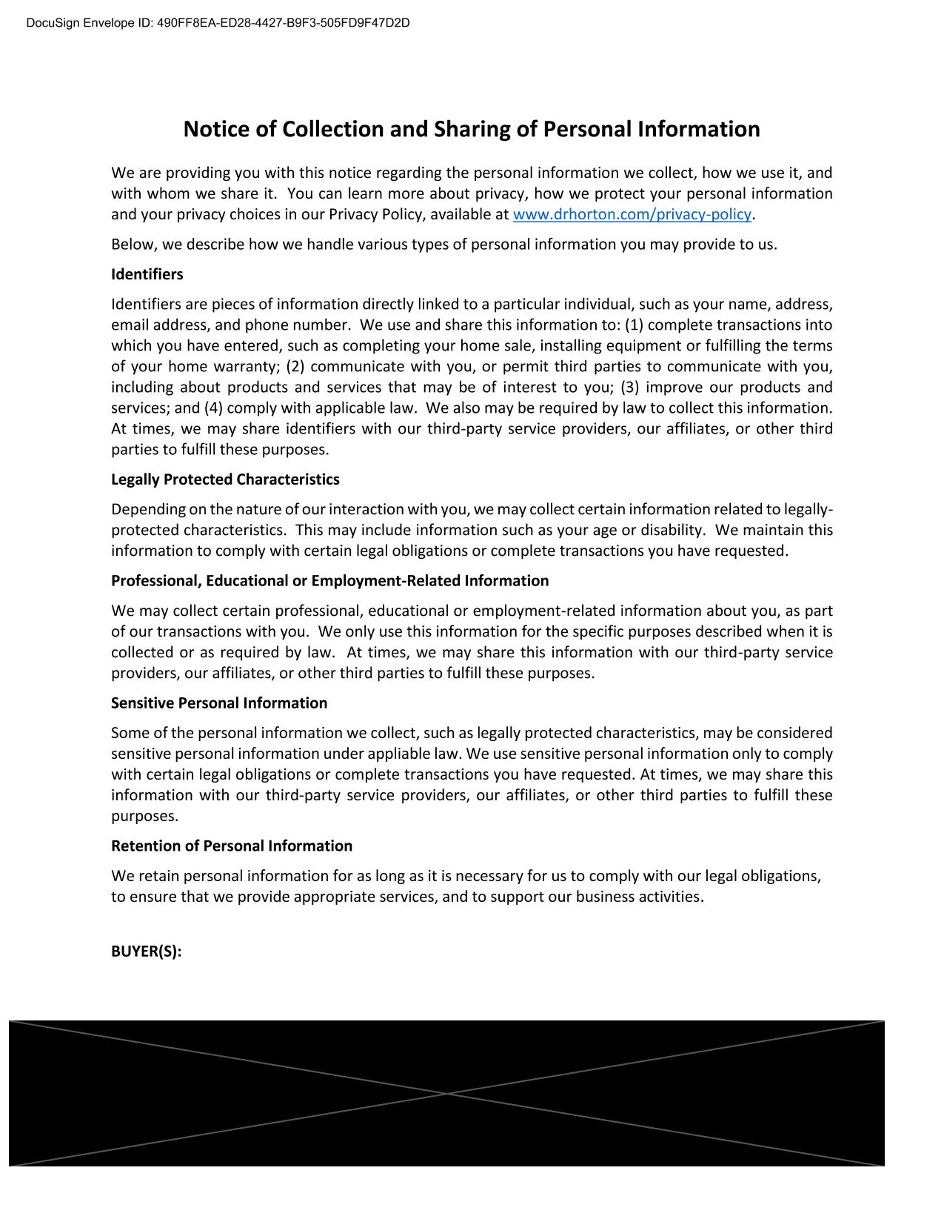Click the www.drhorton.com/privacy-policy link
[632, 215]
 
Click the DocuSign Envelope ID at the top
[218, 23]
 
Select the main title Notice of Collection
[471, 129]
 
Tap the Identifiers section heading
[147, 274]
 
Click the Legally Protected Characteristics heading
[225, 479]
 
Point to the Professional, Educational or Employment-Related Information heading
[329, 581]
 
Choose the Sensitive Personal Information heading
[218, 703]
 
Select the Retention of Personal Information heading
[231, 846]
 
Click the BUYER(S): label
[146, 952]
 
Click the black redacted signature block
[446, 1093]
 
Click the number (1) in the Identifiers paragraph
[634, 325]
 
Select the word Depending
[148, 510]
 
